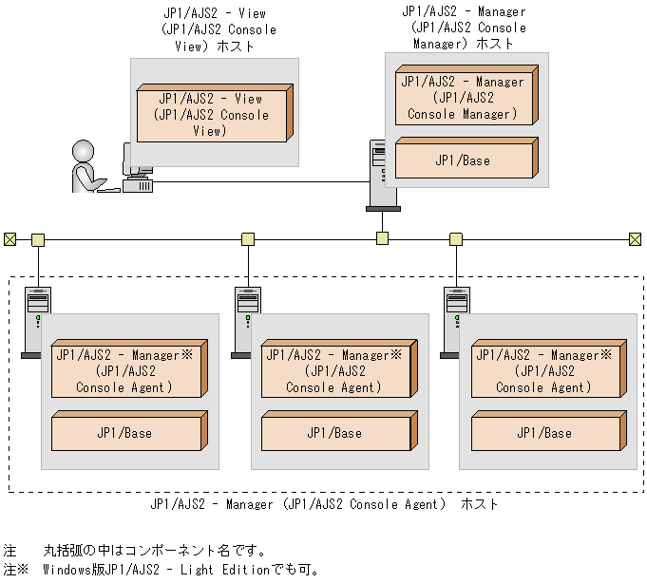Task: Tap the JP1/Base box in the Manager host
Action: [x=464, y=160]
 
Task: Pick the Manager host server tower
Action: [x=383, y=177]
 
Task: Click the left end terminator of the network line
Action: [x=10, y=239]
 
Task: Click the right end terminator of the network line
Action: [x=636, y=239]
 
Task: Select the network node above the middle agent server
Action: [x=248, y=239]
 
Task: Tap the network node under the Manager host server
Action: [x=382, y=238]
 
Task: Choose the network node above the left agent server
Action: [x=38, y=239]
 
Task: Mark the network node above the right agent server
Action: [x=456, y=239]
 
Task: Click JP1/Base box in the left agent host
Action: [x=125, y=433]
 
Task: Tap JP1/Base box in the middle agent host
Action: [x=335, y=433]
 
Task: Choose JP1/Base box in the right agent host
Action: [x=545, y=433]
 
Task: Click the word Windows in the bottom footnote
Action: [x=67, y=570]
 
